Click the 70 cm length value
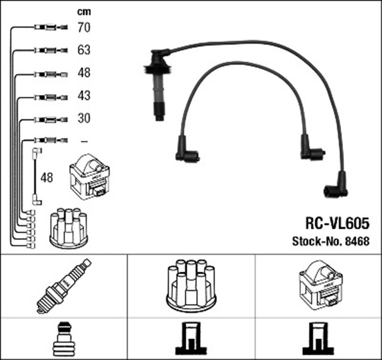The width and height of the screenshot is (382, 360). point(84,27)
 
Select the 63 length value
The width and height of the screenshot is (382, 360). point(84,50)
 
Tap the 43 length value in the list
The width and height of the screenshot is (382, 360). point(84,96)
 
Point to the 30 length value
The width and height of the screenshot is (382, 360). point(84,118)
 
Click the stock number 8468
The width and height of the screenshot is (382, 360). point(358,241)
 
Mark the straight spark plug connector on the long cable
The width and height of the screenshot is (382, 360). point(156,87)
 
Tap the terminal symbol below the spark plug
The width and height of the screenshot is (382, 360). point(63,340)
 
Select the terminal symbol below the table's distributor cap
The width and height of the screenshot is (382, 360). point(190,340)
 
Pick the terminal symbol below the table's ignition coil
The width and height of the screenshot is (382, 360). point(318,340)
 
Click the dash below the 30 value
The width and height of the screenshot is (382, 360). point(84,141)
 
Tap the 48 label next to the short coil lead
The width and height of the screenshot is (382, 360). point(47,177)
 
